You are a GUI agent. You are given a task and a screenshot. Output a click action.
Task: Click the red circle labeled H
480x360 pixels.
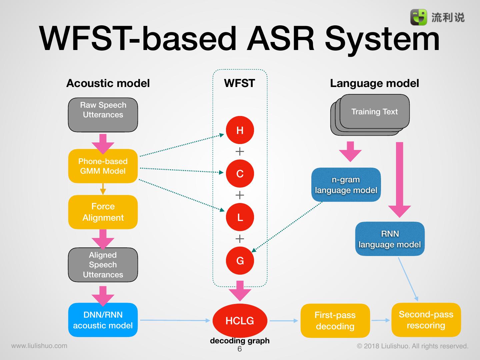240,130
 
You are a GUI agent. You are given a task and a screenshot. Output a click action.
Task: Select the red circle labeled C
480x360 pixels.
240,174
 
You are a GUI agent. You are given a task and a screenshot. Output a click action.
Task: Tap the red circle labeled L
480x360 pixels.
240,217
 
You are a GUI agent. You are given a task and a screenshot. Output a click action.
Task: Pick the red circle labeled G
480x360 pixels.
240,261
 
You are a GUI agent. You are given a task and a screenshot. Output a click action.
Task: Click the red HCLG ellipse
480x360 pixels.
240,321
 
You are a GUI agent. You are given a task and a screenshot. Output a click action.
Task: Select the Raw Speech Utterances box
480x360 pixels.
103,115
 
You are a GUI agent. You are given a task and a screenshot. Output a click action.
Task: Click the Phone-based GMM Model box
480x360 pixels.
103,166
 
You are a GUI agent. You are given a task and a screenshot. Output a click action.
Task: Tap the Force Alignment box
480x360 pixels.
103,212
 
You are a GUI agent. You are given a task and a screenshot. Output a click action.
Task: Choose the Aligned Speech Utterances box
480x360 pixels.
103,265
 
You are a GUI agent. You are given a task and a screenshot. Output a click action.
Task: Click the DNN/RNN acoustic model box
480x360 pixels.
103,320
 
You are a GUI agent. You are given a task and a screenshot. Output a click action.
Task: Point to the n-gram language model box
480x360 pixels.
346,185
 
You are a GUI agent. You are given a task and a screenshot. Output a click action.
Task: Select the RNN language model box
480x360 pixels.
390,239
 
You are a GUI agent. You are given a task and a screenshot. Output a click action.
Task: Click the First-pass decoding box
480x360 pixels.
335,321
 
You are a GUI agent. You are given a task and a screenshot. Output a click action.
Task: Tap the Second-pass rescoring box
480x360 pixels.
426,320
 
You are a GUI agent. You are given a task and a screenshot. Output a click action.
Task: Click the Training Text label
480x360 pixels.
374,112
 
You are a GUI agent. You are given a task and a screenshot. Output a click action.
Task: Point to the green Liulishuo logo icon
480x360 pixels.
418,17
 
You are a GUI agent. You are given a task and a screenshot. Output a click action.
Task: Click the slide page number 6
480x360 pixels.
239,349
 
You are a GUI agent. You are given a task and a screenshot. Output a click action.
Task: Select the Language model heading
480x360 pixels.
374,83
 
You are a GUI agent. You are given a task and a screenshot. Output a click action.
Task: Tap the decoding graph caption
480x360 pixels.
240,341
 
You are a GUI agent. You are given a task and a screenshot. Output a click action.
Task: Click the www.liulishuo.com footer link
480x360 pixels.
39,346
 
